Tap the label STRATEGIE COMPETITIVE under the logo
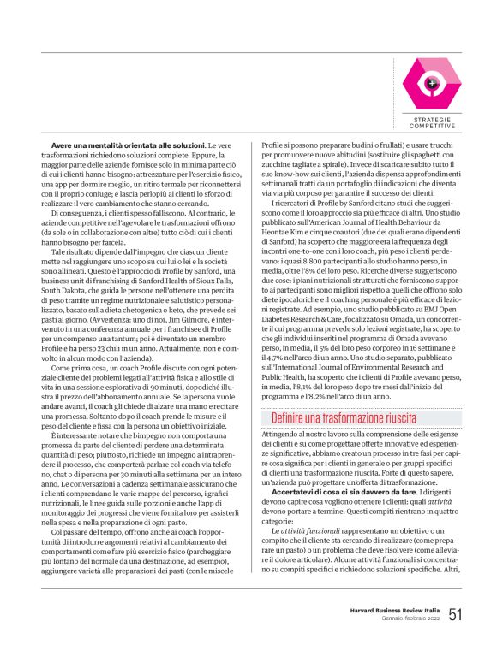[432, 122]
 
